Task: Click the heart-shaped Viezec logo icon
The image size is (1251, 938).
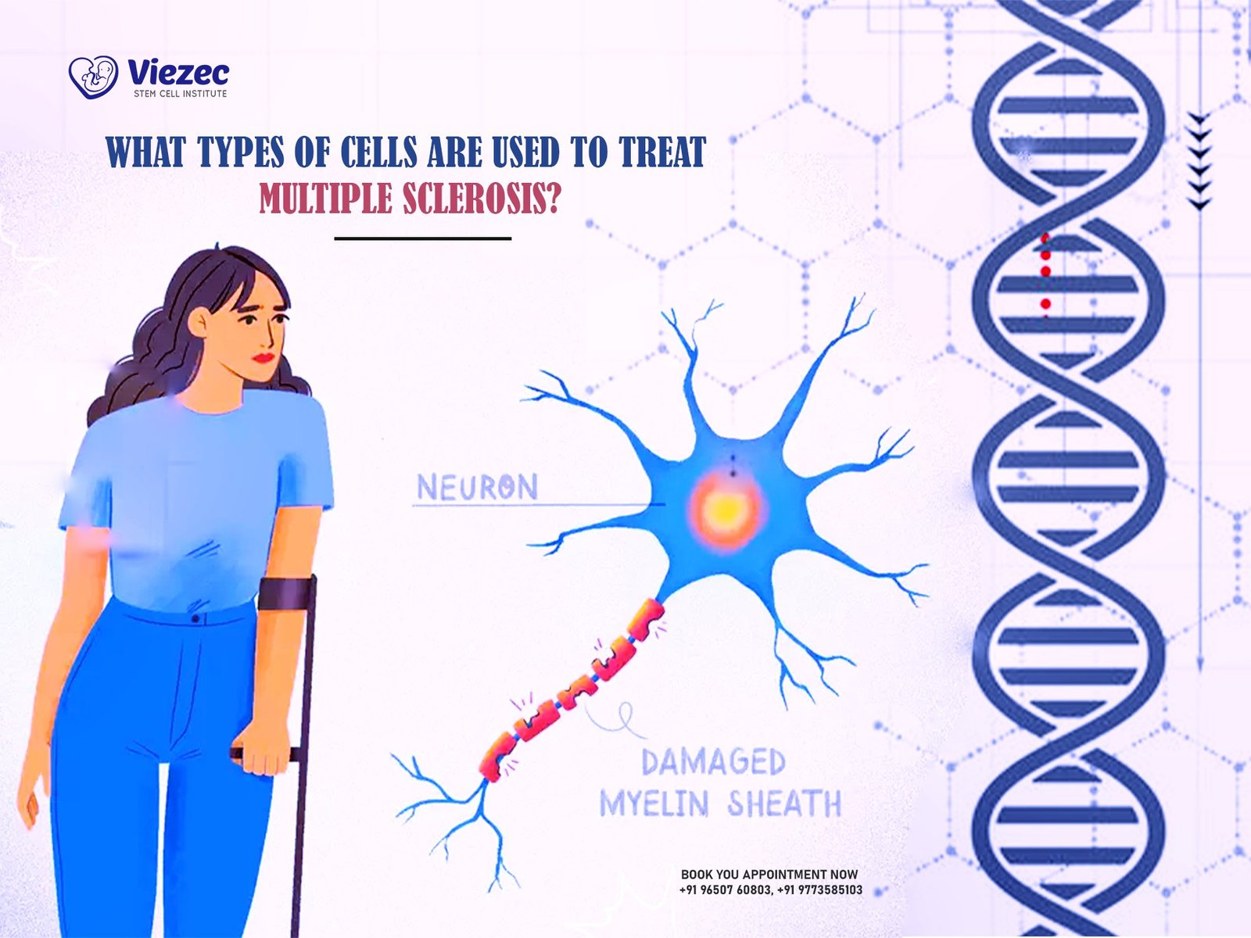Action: point(94,77)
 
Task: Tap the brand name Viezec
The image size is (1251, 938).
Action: point(178,73)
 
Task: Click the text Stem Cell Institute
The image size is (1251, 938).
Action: point(180,93)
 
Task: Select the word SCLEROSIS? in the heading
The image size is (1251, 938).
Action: point(482,199)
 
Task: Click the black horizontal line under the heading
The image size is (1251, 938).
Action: point(422,238)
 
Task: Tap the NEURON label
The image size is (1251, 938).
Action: point(478,488)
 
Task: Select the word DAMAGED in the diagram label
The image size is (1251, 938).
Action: point(714,762)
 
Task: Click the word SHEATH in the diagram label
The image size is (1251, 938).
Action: point(784,804)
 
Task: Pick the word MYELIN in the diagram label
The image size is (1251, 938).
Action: point(654,804)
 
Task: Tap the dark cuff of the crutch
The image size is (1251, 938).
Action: point(287,593)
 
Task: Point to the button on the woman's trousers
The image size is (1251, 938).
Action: point(196,618)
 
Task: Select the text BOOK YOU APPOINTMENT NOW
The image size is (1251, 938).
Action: point(769,874)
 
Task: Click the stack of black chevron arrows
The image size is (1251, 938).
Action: point(1199,162)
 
